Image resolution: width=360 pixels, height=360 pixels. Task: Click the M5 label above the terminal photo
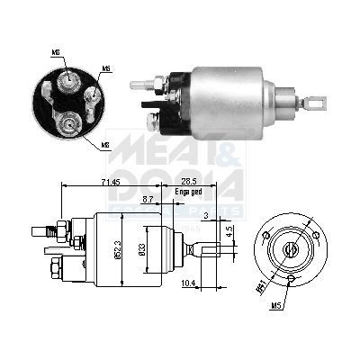106,69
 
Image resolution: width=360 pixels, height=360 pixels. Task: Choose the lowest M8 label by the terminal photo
106,144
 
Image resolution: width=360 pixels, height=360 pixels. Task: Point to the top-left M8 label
57,53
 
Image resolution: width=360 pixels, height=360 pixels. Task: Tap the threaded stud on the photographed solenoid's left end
139,85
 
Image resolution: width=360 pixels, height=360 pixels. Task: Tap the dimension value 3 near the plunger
206,216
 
